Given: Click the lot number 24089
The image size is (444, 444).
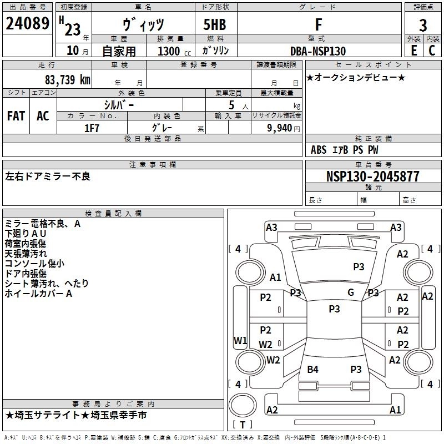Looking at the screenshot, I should pyautogui.click(x=27, y=24).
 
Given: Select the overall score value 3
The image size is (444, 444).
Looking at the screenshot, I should pyautogui.click(x=423, y=25).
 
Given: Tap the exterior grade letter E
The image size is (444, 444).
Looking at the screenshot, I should pyautogui.click(x=413, y=50).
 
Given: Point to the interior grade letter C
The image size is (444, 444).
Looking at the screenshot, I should pyautogui.click(x=432, y=50).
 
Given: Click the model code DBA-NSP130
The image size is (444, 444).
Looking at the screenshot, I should pyautogui.click(x=318, y=51).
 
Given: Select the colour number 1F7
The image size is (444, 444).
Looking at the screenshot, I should pyautogui.click(x=92, y=127).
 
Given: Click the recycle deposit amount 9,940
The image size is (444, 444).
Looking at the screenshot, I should pyautogui.click(x=280, y=128).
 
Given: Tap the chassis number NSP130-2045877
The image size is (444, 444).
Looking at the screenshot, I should pyautogui.click(x=372, y=176).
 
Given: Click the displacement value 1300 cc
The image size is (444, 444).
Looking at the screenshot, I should pyautogui.click(x=172, y=51).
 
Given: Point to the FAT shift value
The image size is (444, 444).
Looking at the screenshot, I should pyautogui.click(x=16, y=115).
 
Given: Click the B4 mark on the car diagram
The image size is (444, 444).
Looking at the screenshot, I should pyautogui.click(x=313, y=370).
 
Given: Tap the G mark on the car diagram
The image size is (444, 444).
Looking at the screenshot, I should pyautogui.click(x=351, y=292).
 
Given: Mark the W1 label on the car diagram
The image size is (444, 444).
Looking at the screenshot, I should pyautogui.click(x=240, y=341).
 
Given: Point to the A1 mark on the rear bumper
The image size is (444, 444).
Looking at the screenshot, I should pyautogui.click(x=395, y=410).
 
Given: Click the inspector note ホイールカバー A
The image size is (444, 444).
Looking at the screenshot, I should pyautogui.click(x=39, y=294).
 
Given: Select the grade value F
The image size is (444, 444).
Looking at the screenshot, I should pyautogui.click(x=318, y=24).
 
